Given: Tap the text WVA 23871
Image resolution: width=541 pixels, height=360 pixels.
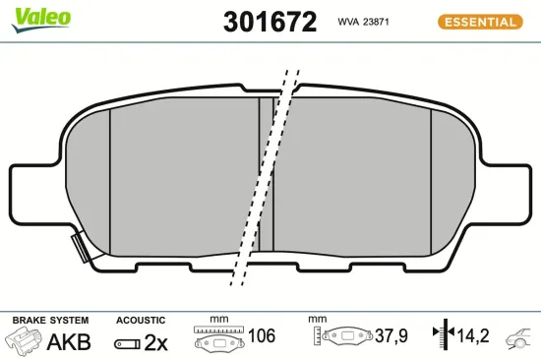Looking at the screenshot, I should tap(364, 21).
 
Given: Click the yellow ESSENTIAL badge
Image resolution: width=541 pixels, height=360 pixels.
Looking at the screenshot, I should tap(478, 21).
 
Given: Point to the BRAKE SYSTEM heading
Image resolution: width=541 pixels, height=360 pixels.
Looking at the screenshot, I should tap(50, 321).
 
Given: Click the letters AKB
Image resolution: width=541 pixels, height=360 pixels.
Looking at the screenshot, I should tap(69, 341).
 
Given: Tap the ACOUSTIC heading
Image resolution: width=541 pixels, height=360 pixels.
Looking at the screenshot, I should tap(141, 321).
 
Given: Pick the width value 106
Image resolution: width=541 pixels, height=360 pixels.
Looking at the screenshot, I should tap(261, 336).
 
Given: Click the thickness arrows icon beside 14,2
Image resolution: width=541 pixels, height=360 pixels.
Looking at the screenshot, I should tap(448, 336).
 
